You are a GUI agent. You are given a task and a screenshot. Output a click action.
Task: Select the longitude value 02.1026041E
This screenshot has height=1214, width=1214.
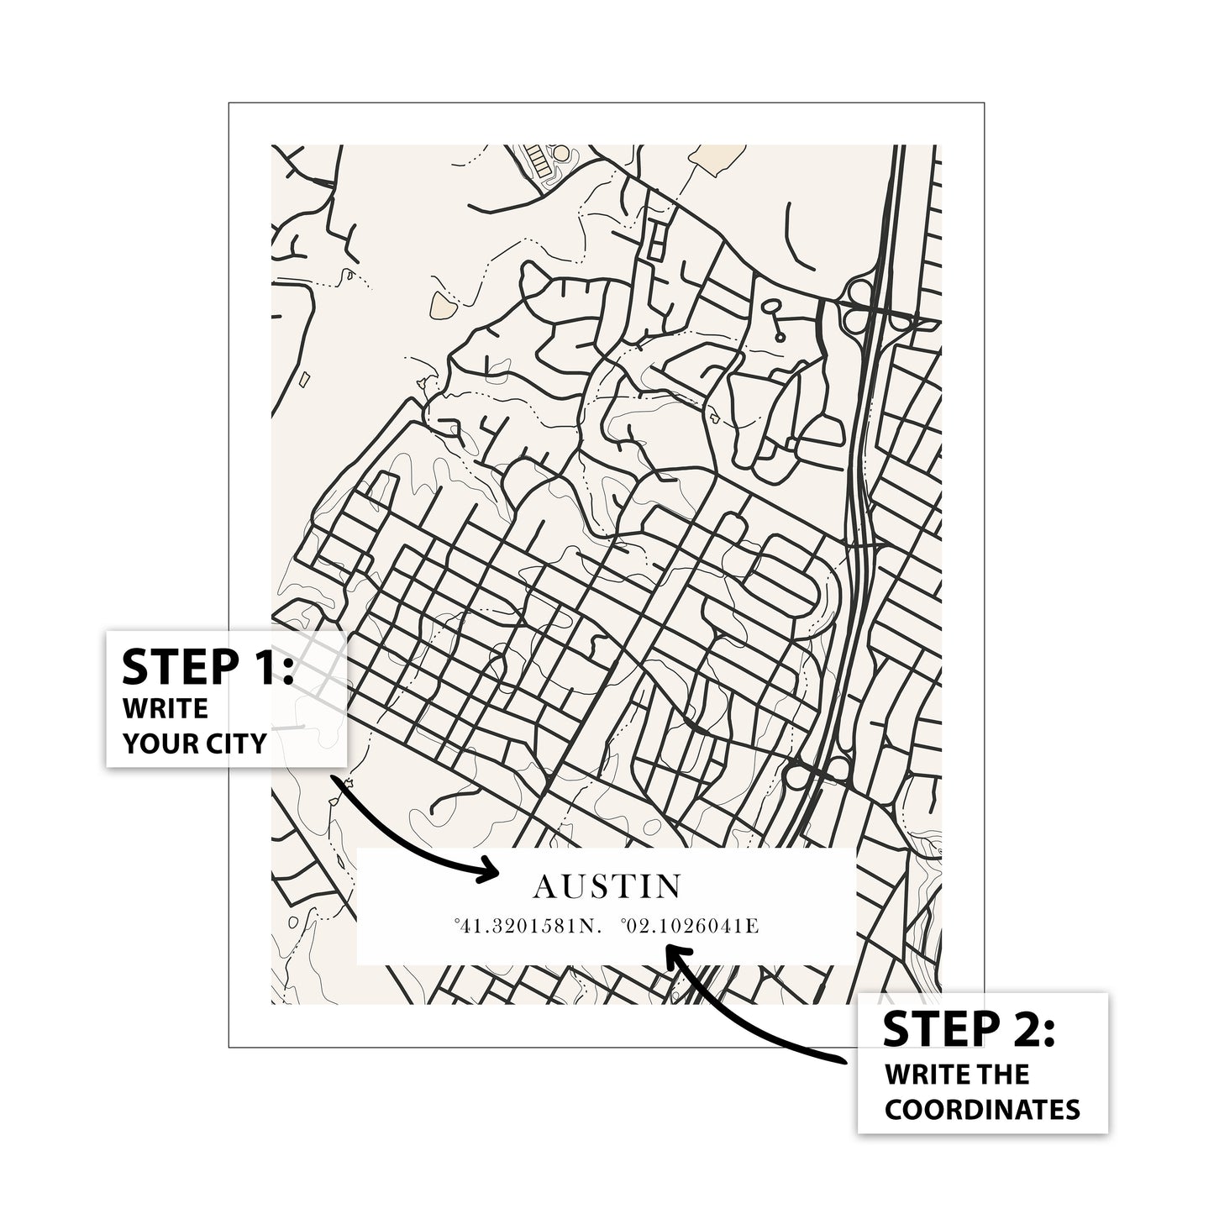pyautogui.click(x=691, y=927)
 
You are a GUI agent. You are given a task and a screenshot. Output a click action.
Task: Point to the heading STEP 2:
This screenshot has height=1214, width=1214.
pyautogui.click(x=968, y=1029)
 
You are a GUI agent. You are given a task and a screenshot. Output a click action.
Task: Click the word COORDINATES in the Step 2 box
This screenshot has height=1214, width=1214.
pyautogui.click(x=982, y=1109)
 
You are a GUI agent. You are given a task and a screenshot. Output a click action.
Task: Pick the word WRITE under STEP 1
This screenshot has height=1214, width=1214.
pyautogui.click(x=166, y=708)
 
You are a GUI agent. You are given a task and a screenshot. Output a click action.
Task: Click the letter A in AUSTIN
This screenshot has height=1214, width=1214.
pyautogui.click(x=544, y=886)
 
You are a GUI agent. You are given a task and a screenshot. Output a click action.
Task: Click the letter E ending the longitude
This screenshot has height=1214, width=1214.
pyautogui.click(x=754, y=927)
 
